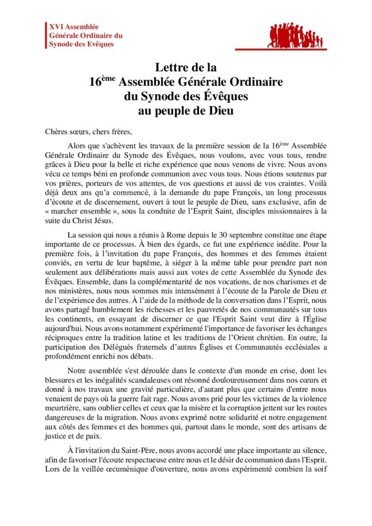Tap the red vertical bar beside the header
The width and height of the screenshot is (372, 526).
coord(45,35)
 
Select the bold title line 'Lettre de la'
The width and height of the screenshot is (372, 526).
coord(186,67)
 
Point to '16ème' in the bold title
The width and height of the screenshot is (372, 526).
coord(100,81)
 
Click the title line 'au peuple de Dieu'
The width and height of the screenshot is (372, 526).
coord(186,109)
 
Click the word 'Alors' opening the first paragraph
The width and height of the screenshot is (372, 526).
coord(78,147)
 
